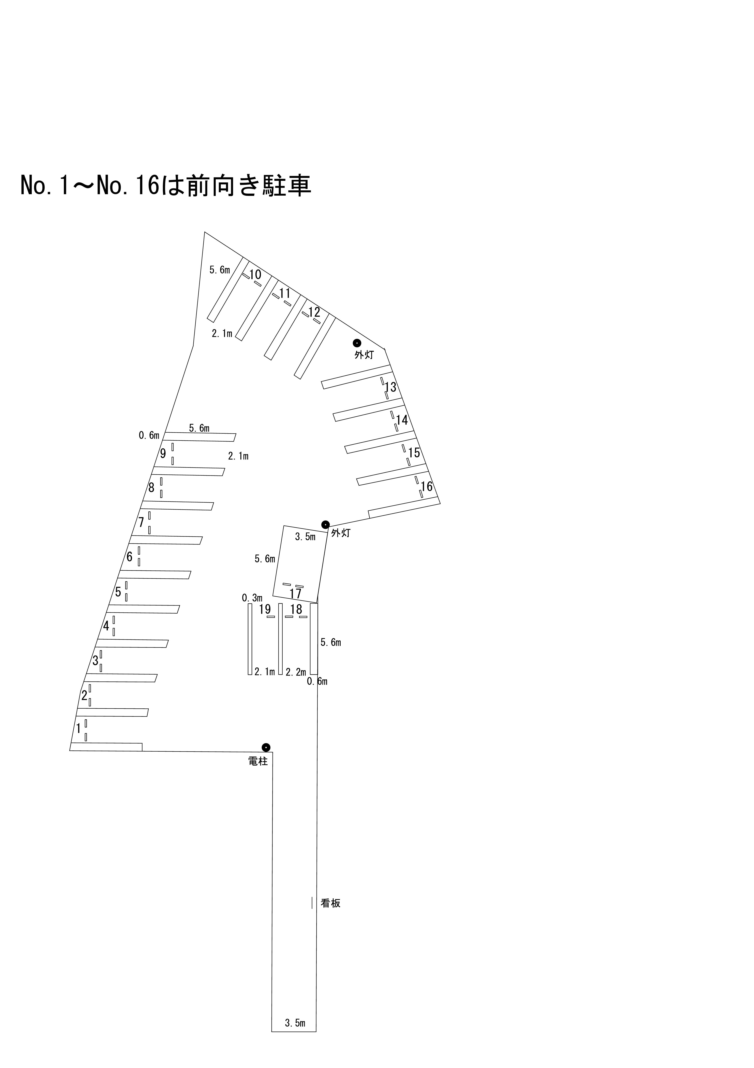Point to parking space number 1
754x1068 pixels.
pyautogui.click(x=78, y=729)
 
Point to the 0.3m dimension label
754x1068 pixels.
pyautogui.click(x=252, y=598)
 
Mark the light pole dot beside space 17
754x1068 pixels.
pyautogui.click(x=325, y=525)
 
